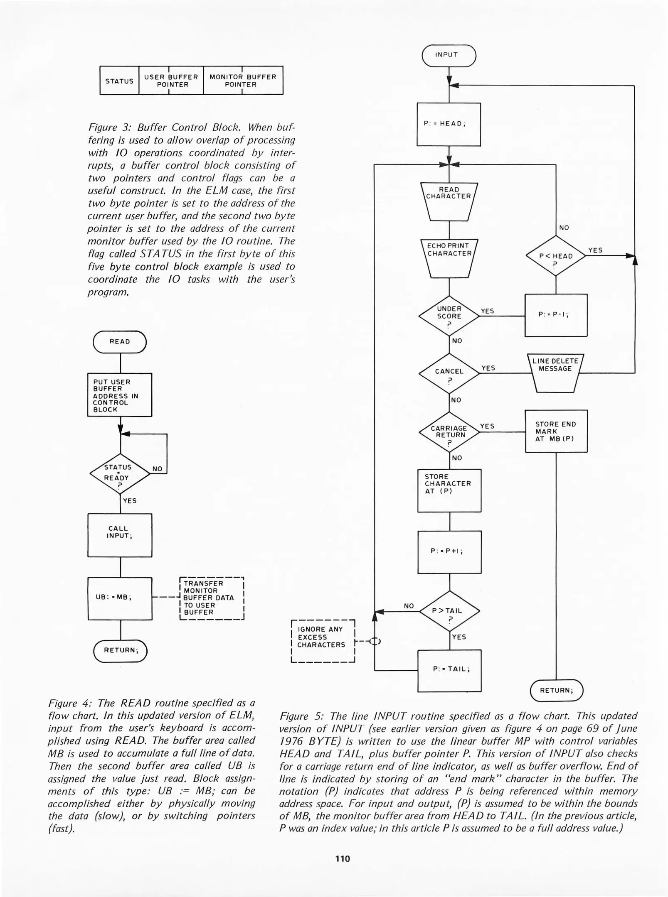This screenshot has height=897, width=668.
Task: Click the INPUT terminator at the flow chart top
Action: tap(449, 55)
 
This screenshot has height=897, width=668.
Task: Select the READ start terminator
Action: tap(120, 342)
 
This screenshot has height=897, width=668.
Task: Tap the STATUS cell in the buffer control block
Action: tap(119, 81)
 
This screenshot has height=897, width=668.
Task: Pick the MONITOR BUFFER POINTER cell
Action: tap(243, 81)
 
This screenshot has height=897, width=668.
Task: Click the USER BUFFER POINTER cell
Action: tap(171, 81)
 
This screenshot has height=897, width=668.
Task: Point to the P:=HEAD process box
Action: tap(449, 124)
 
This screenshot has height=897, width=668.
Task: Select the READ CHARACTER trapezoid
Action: tap(449, 201)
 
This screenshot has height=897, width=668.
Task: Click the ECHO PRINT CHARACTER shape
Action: tap(449, 257)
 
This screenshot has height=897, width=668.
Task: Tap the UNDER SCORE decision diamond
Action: tap(449, 316)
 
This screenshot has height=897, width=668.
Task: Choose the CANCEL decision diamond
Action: tap(449, 373)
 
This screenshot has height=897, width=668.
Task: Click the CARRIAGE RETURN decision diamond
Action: tap(449, 432)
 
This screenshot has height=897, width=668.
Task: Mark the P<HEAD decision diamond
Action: tap(556, 256)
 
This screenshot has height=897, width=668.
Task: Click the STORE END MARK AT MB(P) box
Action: tap(556, 431)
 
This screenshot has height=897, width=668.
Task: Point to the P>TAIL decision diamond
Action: tap(449, 611)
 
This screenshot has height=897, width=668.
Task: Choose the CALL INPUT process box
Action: tap(120, 535)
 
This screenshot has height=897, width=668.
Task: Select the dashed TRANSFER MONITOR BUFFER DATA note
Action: tap(211, 598)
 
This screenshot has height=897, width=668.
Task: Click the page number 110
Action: tap(343, 859)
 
